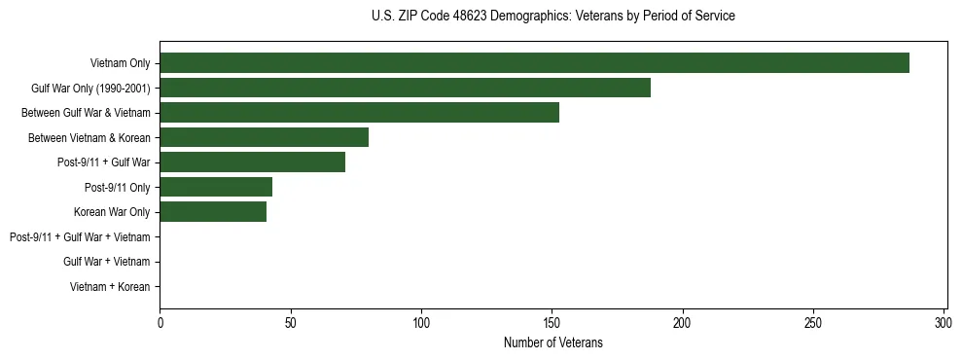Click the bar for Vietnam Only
pyautogui.click(x=534, y=63)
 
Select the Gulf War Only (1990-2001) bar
pyautogui.click(x=405, y=88)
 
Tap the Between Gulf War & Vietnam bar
pyautogui.click(x=359, y=113)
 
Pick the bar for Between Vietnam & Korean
pyautogui.click(x=264, y=137)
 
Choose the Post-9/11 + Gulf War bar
pyautogui.click(x=252, y=162)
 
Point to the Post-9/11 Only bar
pyautogui.click(x=216, y=187)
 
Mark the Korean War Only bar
pyautogui.click(x=213, y=211)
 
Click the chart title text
pyautogui.click(x=553, y=17)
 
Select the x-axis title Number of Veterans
pyautogui.click(x=553, y=342)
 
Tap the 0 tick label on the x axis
pyautogui.click(x=160, y=322)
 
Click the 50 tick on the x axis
pyautogui.click(x=290, y=322)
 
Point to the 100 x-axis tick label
pyautogui.click(x=421, y=322)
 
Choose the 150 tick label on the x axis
pyautogui.click(x=552, y=322)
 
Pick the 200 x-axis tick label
pyautogui.click(x=683, y=322)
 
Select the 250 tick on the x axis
pyautogui.click(x=813, y=322)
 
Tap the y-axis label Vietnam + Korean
pyautogui.click(x=110, y=286)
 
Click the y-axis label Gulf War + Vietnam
pyautogui.click(x=106, y=262)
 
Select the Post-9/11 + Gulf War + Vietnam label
pyautogui.click(x=80, y=236)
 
